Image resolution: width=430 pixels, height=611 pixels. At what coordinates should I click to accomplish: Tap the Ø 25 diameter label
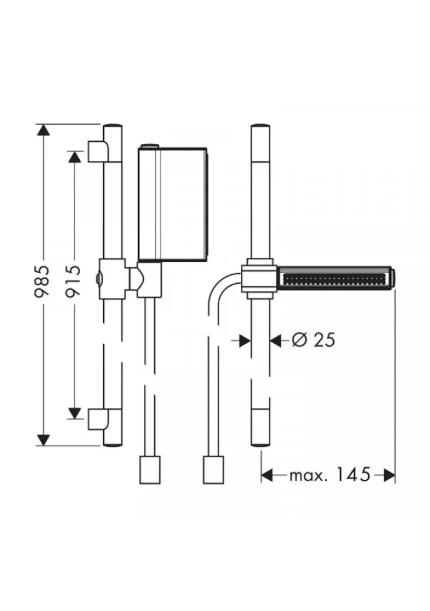[313, 341]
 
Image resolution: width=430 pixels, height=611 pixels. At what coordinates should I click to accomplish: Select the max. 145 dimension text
[329, 475]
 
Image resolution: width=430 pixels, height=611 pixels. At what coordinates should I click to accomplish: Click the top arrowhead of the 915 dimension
[74, 157]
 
